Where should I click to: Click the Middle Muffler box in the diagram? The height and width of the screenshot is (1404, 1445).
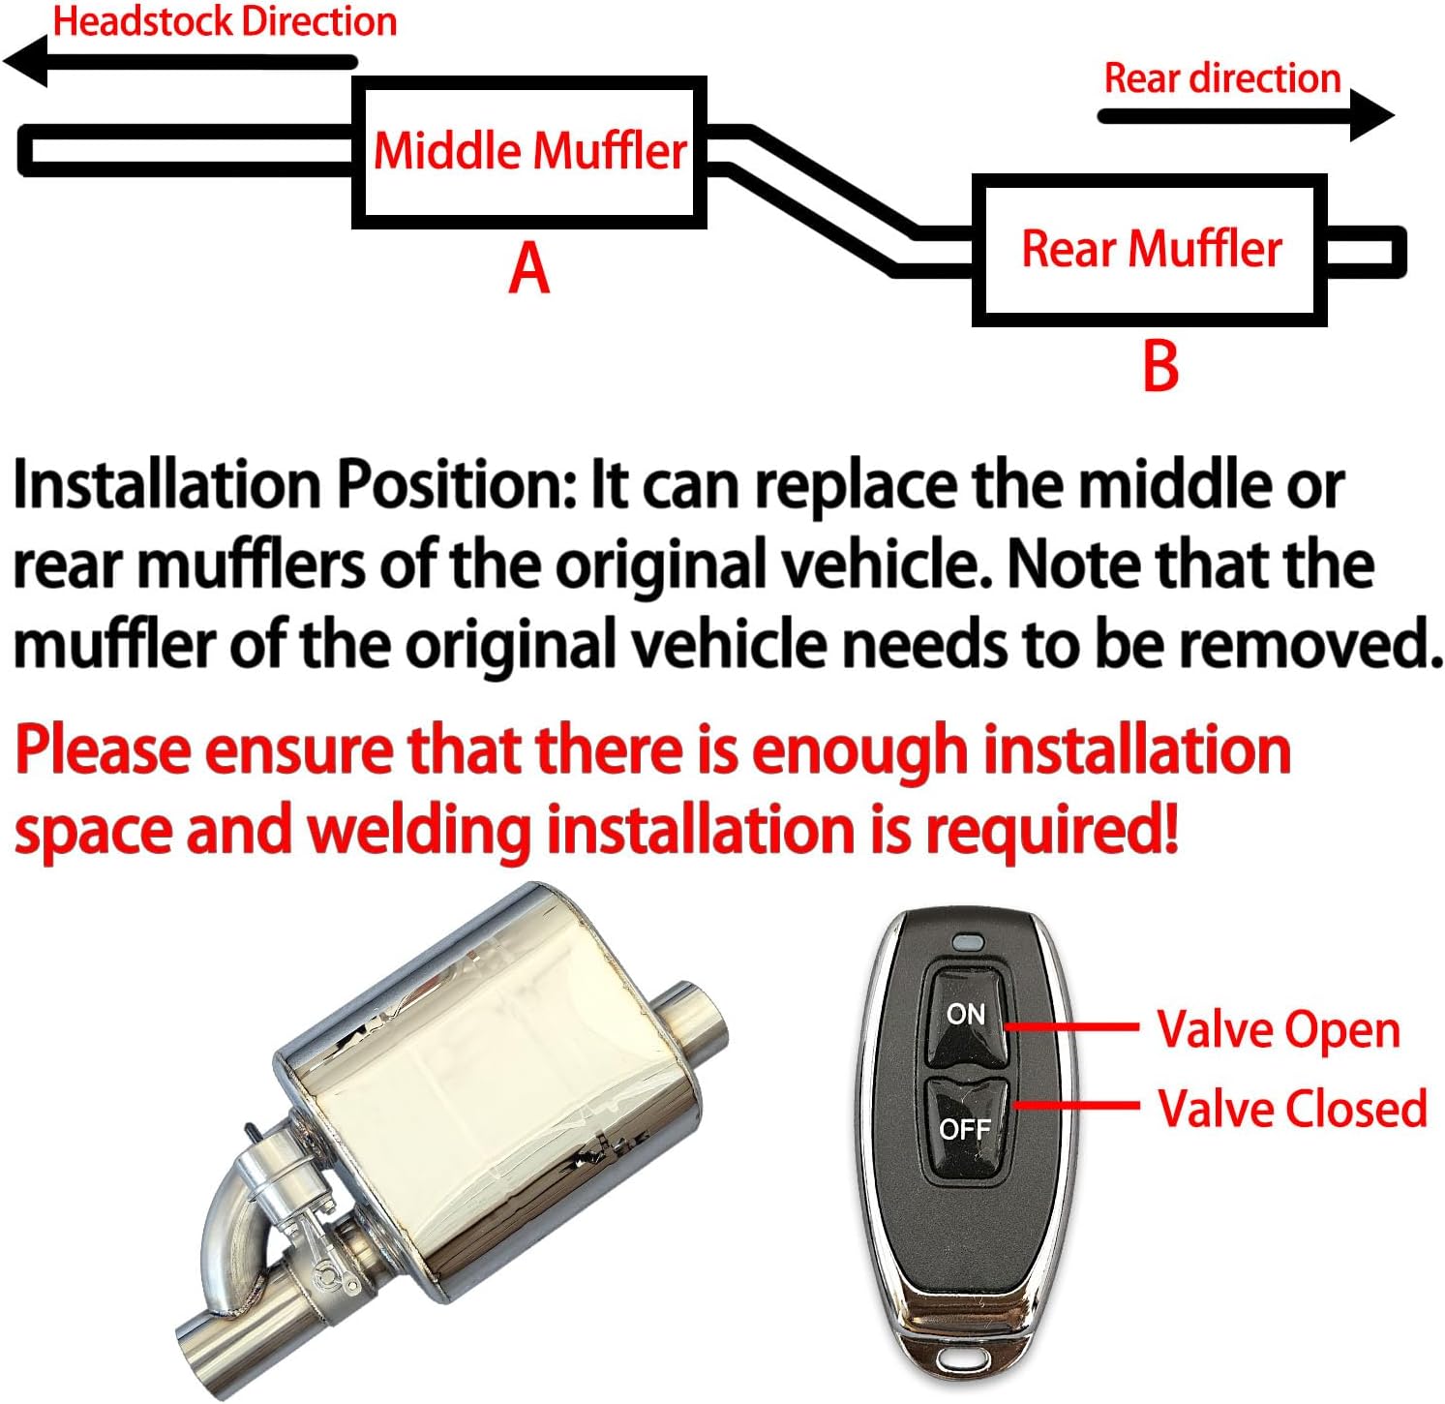pos(529,153)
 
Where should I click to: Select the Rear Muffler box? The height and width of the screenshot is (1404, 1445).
pos(1150,250)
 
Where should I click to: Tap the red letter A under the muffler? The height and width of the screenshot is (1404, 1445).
pos(529,268)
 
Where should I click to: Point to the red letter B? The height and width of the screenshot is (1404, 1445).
pos(1160,366)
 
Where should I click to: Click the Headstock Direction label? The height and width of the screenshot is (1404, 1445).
pos(225,21)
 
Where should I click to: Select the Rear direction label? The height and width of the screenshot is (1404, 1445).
pos(1221,78)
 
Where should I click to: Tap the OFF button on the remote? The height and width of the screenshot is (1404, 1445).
pos(966,1128)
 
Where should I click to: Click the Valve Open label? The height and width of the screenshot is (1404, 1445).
pos(1279,1029)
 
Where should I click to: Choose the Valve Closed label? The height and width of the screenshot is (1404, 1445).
pos(1292,1109)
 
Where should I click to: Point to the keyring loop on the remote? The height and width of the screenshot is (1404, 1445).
pos(957,1359)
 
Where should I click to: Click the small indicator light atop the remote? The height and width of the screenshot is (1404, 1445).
pos(967,940)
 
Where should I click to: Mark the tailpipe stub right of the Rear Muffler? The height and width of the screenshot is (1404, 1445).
pos(1365,252)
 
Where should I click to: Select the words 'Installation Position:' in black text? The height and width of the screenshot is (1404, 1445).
pos(294,484)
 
